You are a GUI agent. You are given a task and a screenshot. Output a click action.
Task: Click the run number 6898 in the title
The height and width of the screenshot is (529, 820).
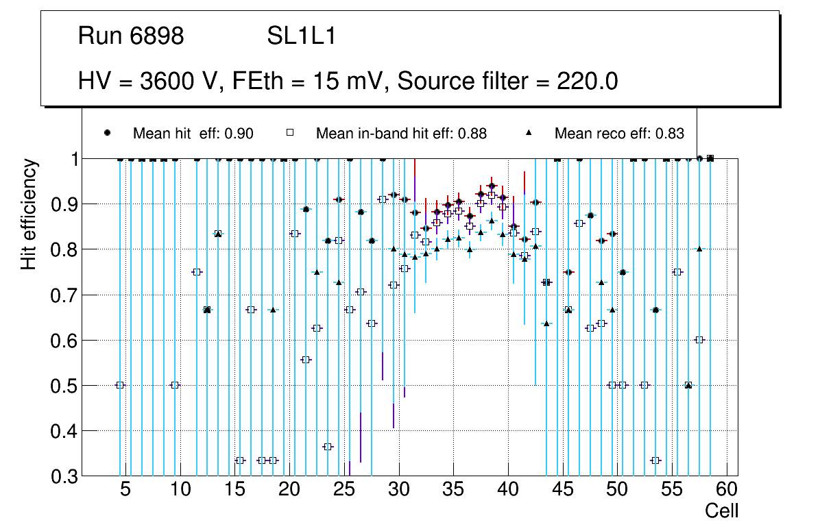point(157,36)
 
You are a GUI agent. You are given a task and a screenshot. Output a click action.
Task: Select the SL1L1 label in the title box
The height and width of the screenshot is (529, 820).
point(302,36)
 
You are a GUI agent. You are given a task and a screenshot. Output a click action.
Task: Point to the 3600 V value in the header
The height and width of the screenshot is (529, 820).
point(180,82)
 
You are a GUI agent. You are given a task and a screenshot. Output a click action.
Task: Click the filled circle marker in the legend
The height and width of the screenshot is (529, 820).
point(107,133)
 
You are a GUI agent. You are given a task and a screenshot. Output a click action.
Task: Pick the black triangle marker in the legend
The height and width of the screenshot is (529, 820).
point(529,133)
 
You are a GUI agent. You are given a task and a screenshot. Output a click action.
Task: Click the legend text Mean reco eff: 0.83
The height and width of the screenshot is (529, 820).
point(619,134)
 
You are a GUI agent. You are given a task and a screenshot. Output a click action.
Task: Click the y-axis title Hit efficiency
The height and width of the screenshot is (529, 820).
point(29,214)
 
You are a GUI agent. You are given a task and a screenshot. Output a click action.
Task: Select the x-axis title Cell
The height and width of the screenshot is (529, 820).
point(722,511)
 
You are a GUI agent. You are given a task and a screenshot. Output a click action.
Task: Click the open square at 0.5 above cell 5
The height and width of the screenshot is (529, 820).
point(120,385)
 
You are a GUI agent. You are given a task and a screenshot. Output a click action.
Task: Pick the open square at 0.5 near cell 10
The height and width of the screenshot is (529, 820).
point(174,385)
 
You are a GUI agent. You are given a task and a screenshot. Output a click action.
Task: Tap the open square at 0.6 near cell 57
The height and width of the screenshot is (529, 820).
point(699,340)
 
